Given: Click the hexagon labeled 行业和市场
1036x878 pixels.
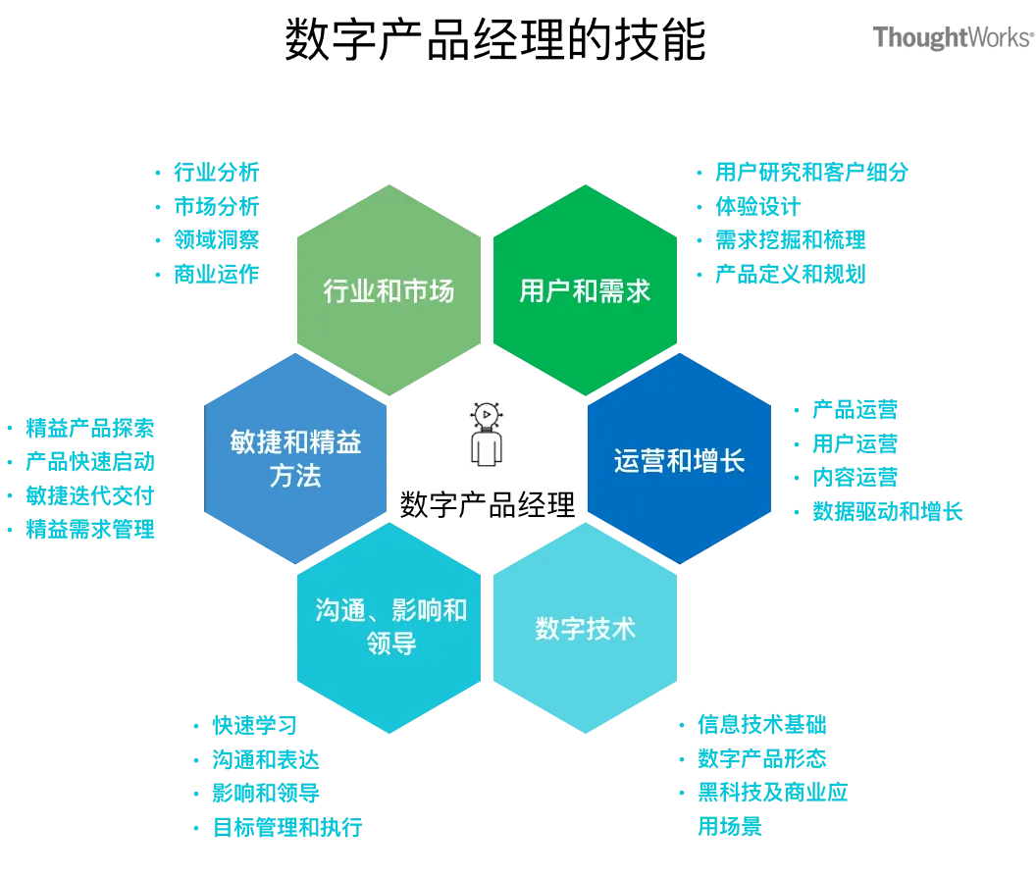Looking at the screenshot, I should tap(388, 290).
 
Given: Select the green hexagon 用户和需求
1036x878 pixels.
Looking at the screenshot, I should tap(586, 290).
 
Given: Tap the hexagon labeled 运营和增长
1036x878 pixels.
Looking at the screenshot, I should tap(680, 460).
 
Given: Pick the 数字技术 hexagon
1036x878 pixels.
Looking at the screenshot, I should tap(586, 629).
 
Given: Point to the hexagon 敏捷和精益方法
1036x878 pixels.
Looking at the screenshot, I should tap(295, 459).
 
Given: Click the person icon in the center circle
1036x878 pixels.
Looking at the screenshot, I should tap(486, 437).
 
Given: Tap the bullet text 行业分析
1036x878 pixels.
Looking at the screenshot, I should tap(216, 173).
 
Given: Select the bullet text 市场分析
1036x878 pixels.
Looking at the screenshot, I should tap(216, 207).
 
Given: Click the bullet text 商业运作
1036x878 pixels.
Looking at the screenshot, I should tap(216, 274).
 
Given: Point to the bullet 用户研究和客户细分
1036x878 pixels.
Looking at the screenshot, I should tap(811, 173).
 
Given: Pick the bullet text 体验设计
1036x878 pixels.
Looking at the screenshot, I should tap(760, 207).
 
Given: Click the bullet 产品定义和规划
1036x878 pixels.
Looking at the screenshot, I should tap(791, 274).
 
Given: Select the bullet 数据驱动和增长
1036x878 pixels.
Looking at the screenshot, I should tap(887, 511).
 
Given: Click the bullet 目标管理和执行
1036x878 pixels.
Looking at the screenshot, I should tap(287, 826).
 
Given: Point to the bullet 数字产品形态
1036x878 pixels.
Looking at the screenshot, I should tap(762, 758).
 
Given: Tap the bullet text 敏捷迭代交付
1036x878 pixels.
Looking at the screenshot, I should tap(90, 496).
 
